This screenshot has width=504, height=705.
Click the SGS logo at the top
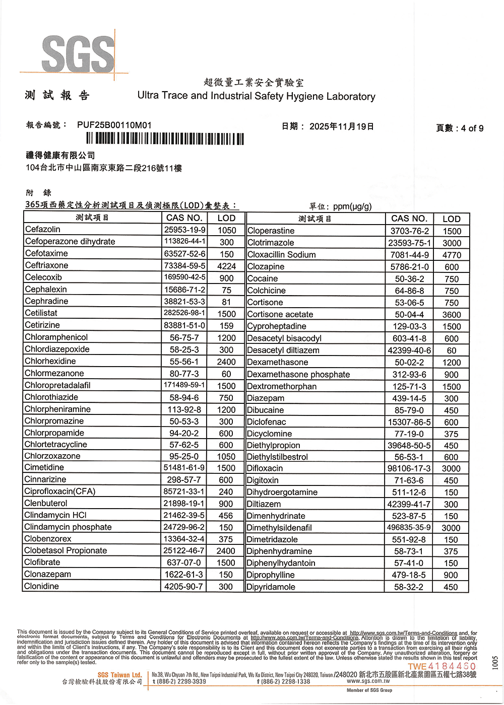pyautogui.click(x=78, y=53)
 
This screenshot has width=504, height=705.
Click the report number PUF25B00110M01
pyautogui.click(x=114, y=125)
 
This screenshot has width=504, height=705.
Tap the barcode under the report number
pyautogui.click(x=165, y=139)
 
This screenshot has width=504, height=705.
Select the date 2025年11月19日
pyautogui.click(x=342, y=126)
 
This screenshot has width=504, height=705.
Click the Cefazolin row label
pyautogui.click(x=43, y=230)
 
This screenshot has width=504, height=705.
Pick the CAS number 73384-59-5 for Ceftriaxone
pyautogui.click(x=184, y=265)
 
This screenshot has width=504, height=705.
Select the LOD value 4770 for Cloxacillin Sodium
pyautogui.click(x=452, y=255)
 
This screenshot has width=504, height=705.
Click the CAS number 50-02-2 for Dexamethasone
pyautogui.click(x=409, y=363)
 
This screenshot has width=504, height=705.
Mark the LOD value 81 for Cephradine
pyautogui.click(x=226, y=302)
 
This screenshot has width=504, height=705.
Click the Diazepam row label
pyautogui.click(x=266, y=398)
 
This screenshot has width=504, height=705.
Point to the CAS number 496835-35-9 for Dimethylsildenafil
pyautogui.click(x=409, y=528)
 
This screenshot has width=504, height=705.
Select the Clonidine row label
pyautogui.click(x=42, y=586)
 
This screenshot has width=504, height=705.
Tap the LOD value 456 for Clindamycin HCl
pyautogui.click(x=226, y=516)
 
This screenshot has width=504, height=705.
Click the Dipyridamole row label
pyautogui.click(x=271, y=587)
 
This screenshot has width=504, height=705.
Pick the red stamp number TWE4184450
pyautogui.click(x=442, y=667)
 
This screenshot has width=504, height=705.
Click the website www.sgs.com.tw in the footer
pyautogui.click(x=368, y=681)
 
